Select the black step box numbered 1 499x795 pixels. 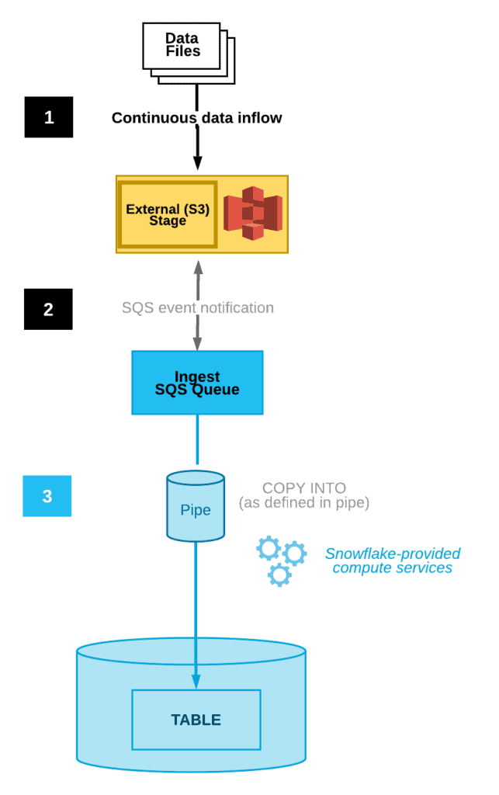(48, 117)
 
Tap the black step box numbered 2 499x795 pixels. (48, 309)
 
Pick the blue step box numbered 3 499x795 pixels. (47, 496)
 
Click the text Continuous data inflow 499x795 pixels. (197, 118)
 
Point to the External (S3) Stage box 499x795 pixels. (168, 214)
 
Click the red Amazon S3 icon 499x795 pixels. (252, 214)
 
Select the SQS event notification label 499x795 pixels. (197, 307)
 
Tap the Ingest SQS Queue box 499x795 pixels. (197, 382)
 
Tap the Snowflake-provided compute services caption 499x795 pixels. (392, 561)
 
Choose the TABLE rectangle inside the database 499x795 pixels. (196, 720)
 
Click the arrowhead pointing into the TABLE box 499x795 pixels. (196, 682)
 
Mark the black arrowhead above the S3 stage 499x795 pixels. (197, 162)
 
